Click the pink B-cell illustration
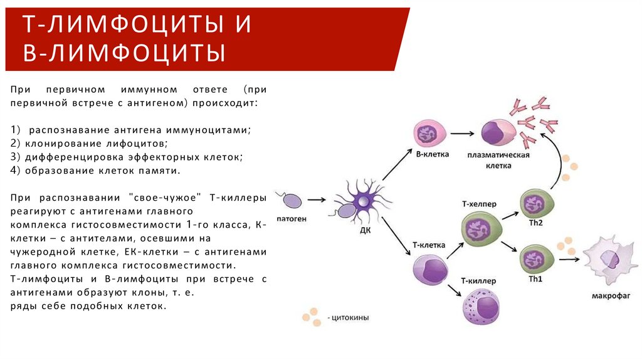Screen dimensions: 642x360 point(430,133)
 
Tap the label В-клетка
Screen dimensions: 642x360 point(432,154)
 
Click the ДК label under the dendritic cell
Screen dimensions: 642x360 point(364,230)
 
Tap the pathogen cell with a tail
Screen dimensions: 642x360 point(292,200)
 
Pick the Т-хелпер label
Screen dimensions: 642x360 point(478,203)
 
